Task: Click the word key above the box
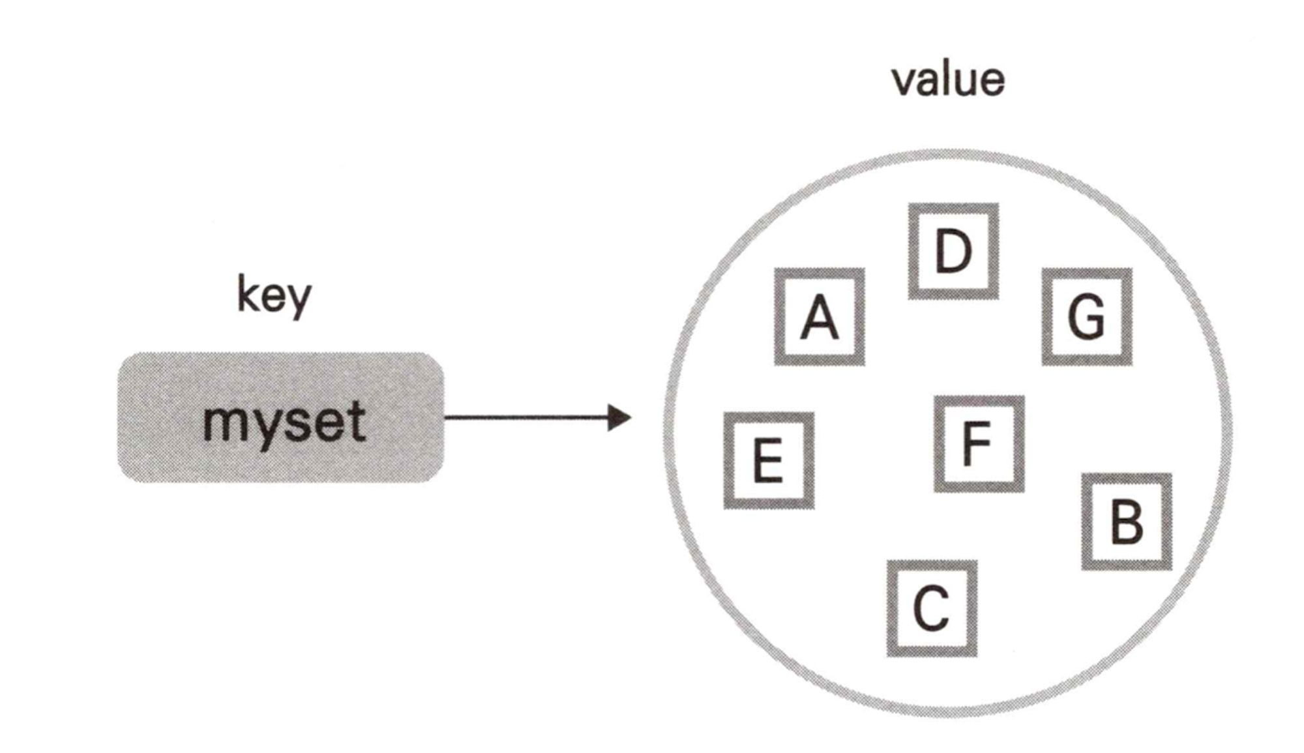tap(274, 295)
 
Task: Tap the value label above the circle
tap(948, 80)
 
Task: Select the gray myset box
tap(280, 417)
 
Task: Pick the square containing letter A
tap(820, 317)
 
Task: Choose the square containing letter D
tap(953, 252)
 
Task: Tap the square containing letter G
tap(1087, 317)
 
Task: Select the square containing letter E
tap(769, 460)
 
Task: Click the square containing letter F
tap(979, 444)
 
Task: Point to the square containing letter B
tap(1127, 522)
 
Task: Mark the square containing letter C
tap(932, 608)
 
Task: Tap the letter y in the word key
tap(300, 300)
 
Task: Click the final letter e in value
tap(991, 83)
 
